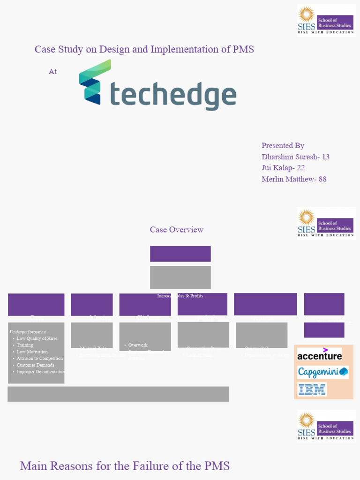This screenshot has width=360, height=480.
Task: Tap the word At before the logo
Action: coord(52,72)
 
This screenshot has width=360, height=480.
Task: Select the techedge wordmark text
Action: coord(172,96)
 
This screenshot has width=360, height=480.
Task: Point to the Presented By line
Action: coord(283,145)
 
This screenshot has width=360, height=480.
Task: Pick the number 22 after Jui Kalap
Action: coord(301,168)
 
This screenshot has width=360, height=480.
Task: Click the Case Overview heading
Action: coord(177,230)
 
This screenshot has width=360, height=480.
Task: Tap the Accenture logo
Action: coord(319,355)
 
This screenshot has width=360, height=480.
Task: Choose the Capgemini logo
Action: coord(322,372)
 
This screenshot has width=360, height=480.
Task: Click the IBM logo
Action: coord(312,389)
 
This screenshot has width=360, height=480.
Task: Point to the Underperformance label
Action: coord(28,332)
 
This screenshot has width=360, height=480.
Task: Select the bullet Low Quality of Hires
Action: coord(37,338)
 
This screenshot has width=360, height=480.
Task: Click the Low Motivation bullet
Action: coord(32,352)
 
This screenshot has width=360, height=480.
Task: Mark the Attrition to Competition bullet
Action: coord(40,358)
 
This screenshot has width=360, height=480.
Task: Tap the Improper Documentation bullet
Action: coord(41,372)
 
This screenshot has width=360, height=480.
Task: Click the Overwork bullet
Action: coord(138,345)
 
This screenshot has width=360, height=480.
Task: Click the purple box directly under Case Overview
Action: coord(180,254)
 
